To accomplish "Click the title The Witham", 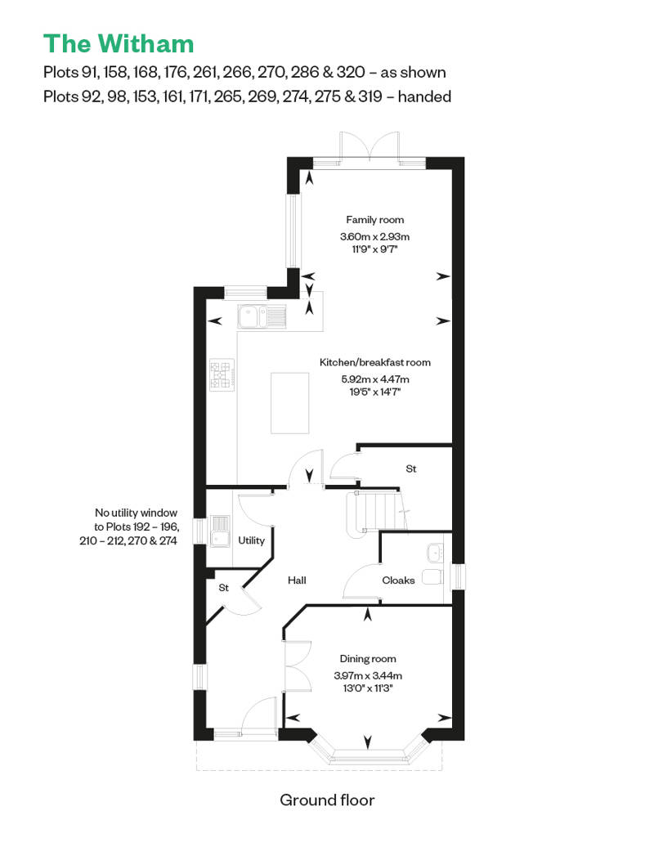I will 119,43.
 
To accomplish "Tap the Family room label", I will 374,220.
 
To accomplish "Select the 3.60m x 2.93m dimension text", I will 374,237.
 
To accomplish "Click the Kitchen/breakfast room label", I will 374,362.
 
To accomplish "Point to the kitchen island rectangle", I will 290,402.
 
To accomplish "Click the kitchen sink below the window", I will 262,315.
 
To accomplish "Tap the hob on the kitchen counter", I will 222,374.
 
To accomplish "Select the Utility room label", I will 251,540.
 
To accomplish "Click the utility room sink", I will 220,531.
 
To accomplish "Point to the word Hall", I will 297,580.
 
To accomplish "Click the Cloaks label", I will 398,580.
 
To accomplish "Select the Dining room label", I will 368,659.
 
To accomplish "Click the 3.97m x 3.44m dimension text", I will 368,675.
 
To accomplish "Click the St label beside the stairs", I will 411,469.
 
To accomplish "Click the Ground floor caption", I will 327,800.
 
